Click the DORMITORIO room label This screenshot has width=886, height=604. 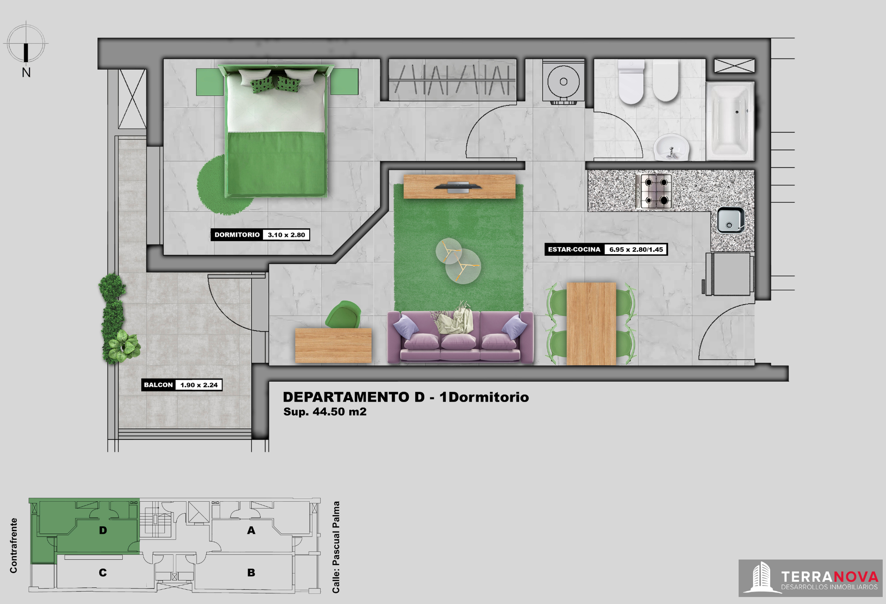237,235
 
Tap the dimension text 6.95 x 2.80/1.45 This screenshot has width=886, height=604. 636,249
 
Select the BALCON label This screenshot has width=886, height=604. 158,385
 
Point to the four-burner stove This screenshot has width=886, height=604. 654,190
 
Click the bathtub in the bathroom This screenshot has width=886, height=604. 730,121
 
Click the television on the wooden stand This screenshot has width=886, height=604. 458,187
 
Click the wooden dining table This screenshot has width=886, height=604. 591,324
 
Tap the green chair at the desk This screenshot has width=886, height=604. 343,314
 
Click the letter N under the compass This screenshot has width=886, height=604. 26,72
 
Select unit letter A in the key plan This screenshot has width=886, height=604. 251,530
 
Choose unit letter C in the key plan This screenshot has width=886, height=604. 103,573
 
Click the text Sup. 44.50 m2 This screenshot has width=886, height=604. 325,412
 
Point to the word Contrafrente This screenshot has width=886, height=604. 13,545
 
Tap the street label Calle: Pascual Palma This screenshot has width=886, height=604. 336,547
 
